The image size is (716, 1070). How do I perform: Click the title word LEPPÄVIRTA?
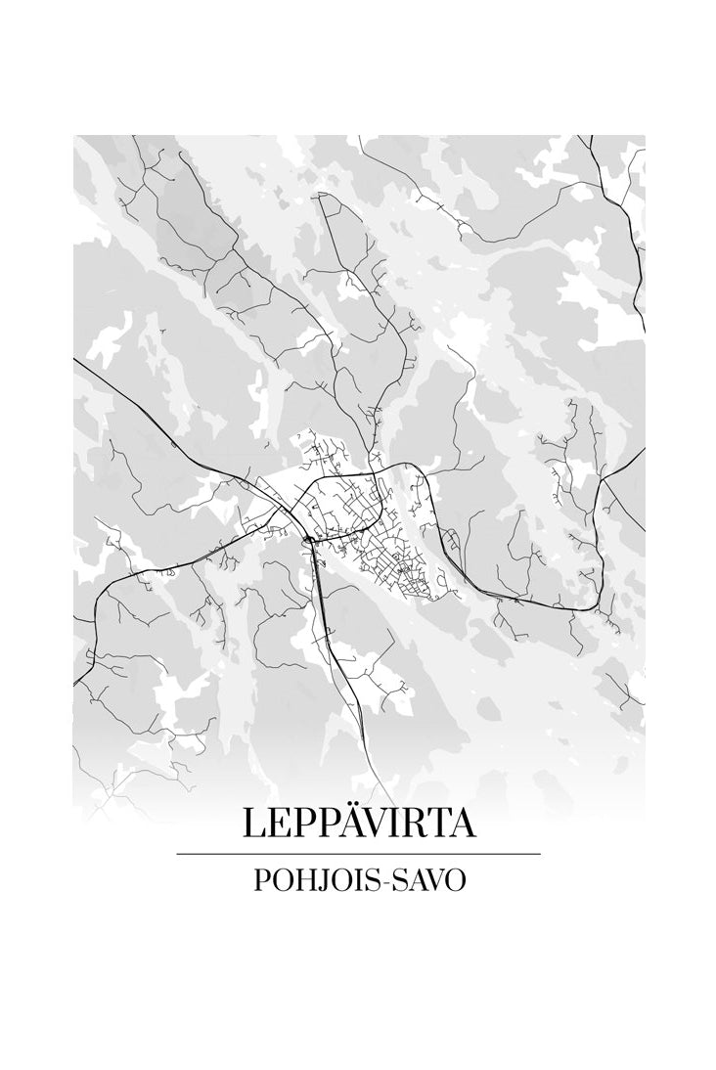click(359, 824)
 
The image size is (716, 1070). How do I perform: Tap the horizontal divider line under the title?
click(359, 854)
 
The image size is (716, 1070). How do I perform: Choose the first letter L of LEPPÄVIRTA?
click(252, 824)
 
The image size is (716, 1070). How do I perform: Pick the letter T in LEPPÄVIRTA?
click(434, 824)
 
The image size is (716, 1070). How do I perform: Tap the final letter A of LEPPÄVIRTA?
click(461, 824)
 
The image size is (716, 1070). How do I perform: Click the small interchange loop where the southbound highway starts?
click(308, 538)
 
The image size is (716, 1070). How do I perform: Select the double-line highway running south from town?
click(337, 655)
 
